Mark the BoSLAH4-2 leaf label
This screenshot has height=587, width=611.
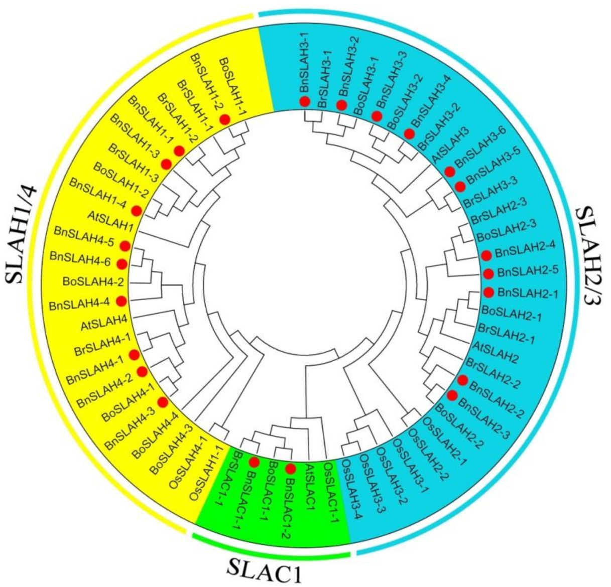coord(93,282)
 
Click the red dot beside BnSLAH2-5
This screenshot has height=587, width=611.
coord(488,273)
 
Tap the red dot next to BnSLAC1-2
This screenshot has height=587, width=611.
coord(290,469)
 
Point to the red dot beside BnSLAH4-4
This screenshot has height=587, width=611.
coord(121,301)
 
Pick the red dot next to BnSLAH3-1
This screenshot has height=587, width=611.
coord(304,101)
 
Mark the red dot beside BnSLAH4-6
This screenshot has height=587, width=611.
coord(121,263)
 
